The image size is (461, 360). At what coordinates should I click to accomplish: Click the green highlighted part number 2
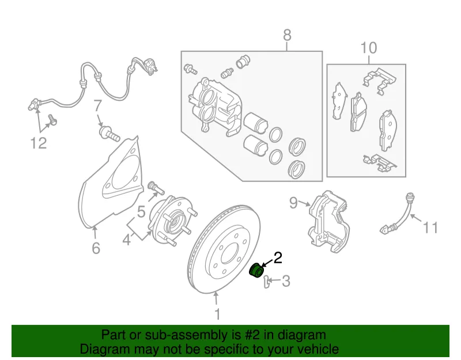pos(255,270)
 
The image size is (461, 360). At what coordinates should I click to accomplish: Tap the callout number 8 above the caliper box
pos(287,35)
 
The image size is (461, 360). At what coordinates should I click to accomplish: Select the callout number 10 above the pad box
pos(368,48)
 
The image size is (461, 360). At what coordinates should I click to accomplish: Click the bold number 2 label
pos(278,257)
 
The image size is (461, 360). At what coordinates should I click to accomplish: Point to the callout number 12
pos(39,143)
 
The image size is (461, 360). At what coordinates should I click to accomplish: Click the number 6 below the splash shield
pos(96,248)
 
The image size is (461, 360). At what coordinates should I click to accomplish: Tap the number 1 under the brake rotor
pos(217,314)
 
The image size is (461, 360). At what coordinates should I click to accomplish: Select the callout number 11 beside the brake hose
pos(430,228)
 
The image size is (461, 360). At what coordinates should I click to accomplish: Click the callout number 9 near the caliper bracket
pos(293,203)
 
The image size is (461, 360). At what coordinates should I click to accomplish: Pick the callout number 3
pos(286,281)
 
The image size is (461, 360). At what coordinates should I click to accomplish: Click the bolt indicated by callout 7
pos(109,134)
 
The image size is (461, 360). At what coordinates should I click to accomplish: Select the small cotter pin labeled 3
pos(266,282)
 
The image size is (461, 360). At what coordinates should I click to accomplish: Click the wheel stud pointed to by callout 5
pos(155,188)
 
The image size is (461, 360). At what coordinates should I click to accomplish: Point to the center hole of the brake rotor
pos(231,253)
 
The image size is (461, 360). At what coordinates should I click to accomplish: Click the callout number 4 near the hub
pos(126,240)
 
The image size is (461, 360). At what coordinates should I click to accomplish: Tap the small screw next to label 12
pos(52,120)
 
